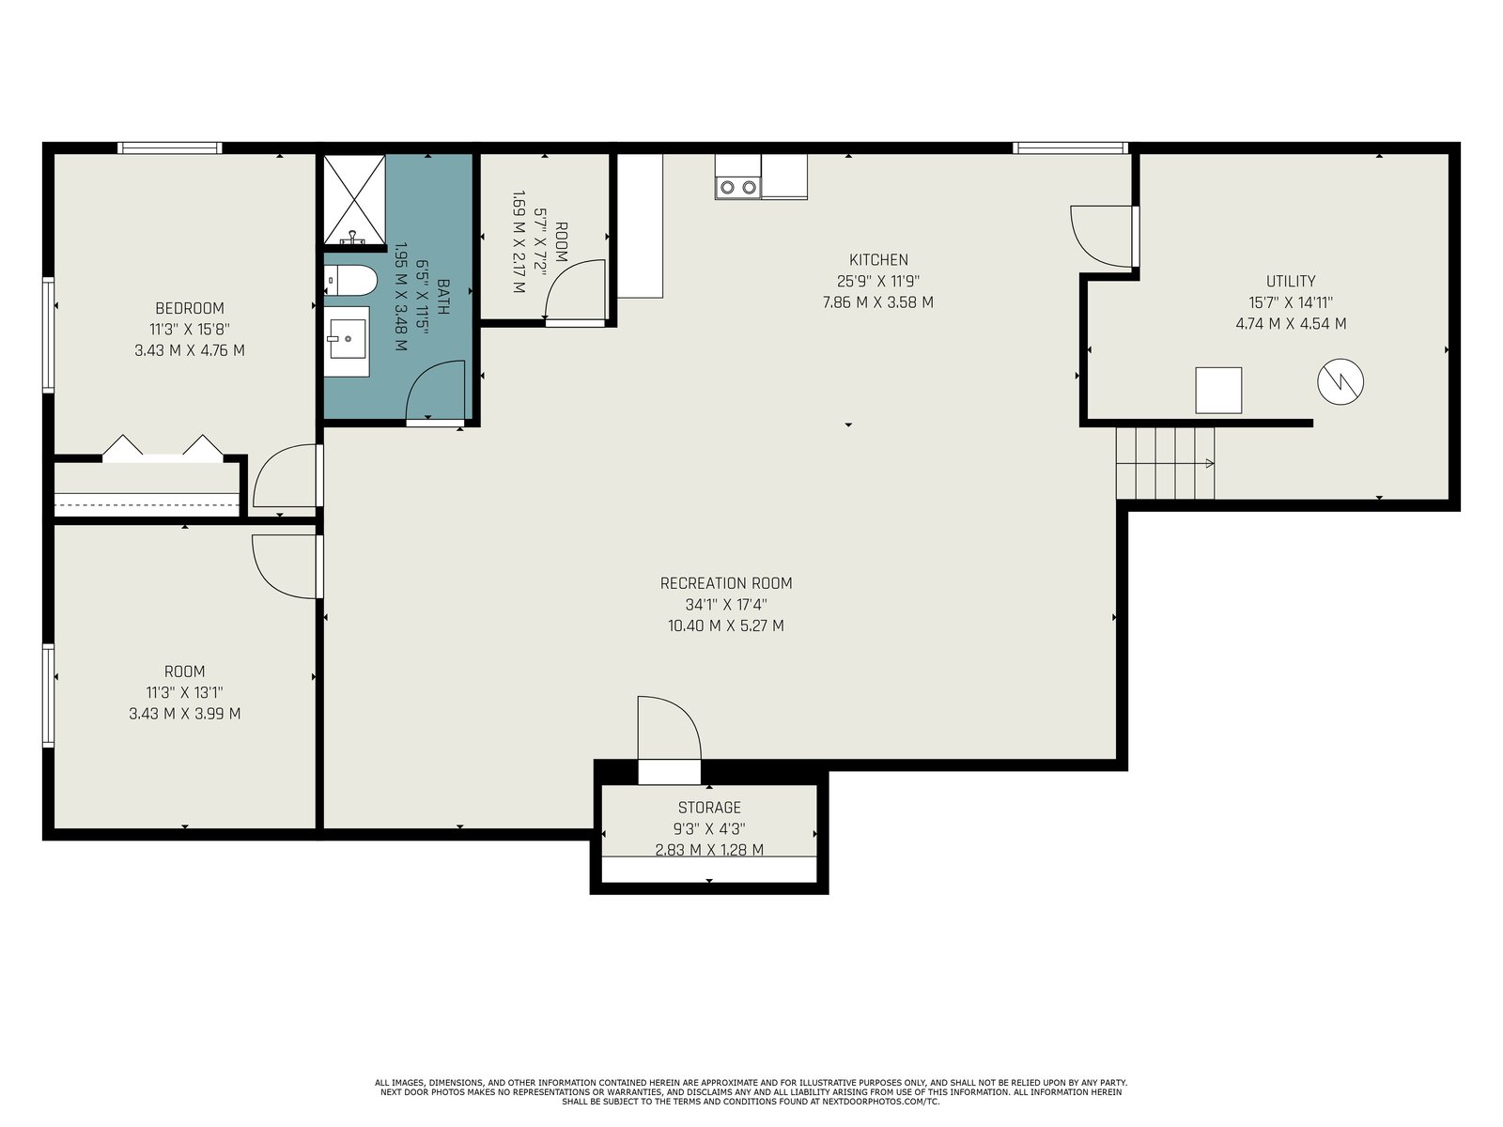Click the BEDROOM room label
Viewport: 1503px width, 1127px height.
coord(190,308)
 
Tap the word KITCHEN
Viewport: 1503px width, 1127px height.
coord(878,260)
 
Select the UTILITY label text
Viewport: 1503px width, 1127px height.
coord(1291,281)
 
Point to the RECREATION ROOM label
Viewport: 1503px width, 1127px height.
coord(726,583)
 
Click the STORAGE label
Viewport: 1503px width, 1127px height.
coord(709,808)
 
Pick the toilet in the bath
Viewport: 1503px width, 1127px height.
coord(350,280)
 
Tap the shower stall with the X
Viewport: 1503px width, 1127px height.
coord(354,199)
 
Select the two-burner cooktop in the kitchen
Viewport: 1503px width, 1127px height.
coord(737,186)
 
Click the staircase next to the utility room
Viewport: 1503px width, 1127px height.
coord(1165,463)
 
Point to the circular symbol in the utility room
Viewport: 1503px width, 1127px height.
coord(1340,382)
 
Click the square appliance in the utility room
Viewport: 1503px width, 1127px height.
coord(1218,390)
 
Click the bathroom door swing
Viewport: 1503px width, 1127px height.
coord(436,390)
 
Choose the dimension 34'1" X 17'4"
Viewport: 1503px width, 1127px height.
coord(726,604)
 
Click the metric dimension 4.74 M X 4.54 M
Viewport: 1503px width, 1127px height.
coord(1291,324)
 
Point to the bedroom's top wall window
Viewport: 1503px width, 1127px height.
coord(170,147)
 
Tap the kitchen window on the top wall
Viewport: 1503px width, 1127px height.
coord(1070,147)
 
